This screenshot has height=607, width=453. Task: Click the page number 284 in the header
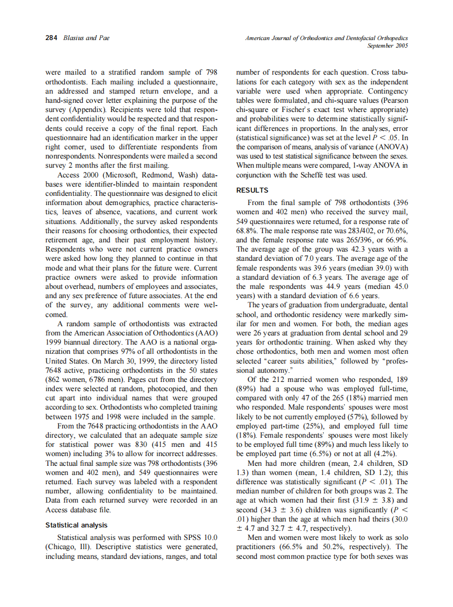(52, 38)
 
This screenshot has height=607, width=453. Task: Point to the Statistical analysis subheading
(76, 525)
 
